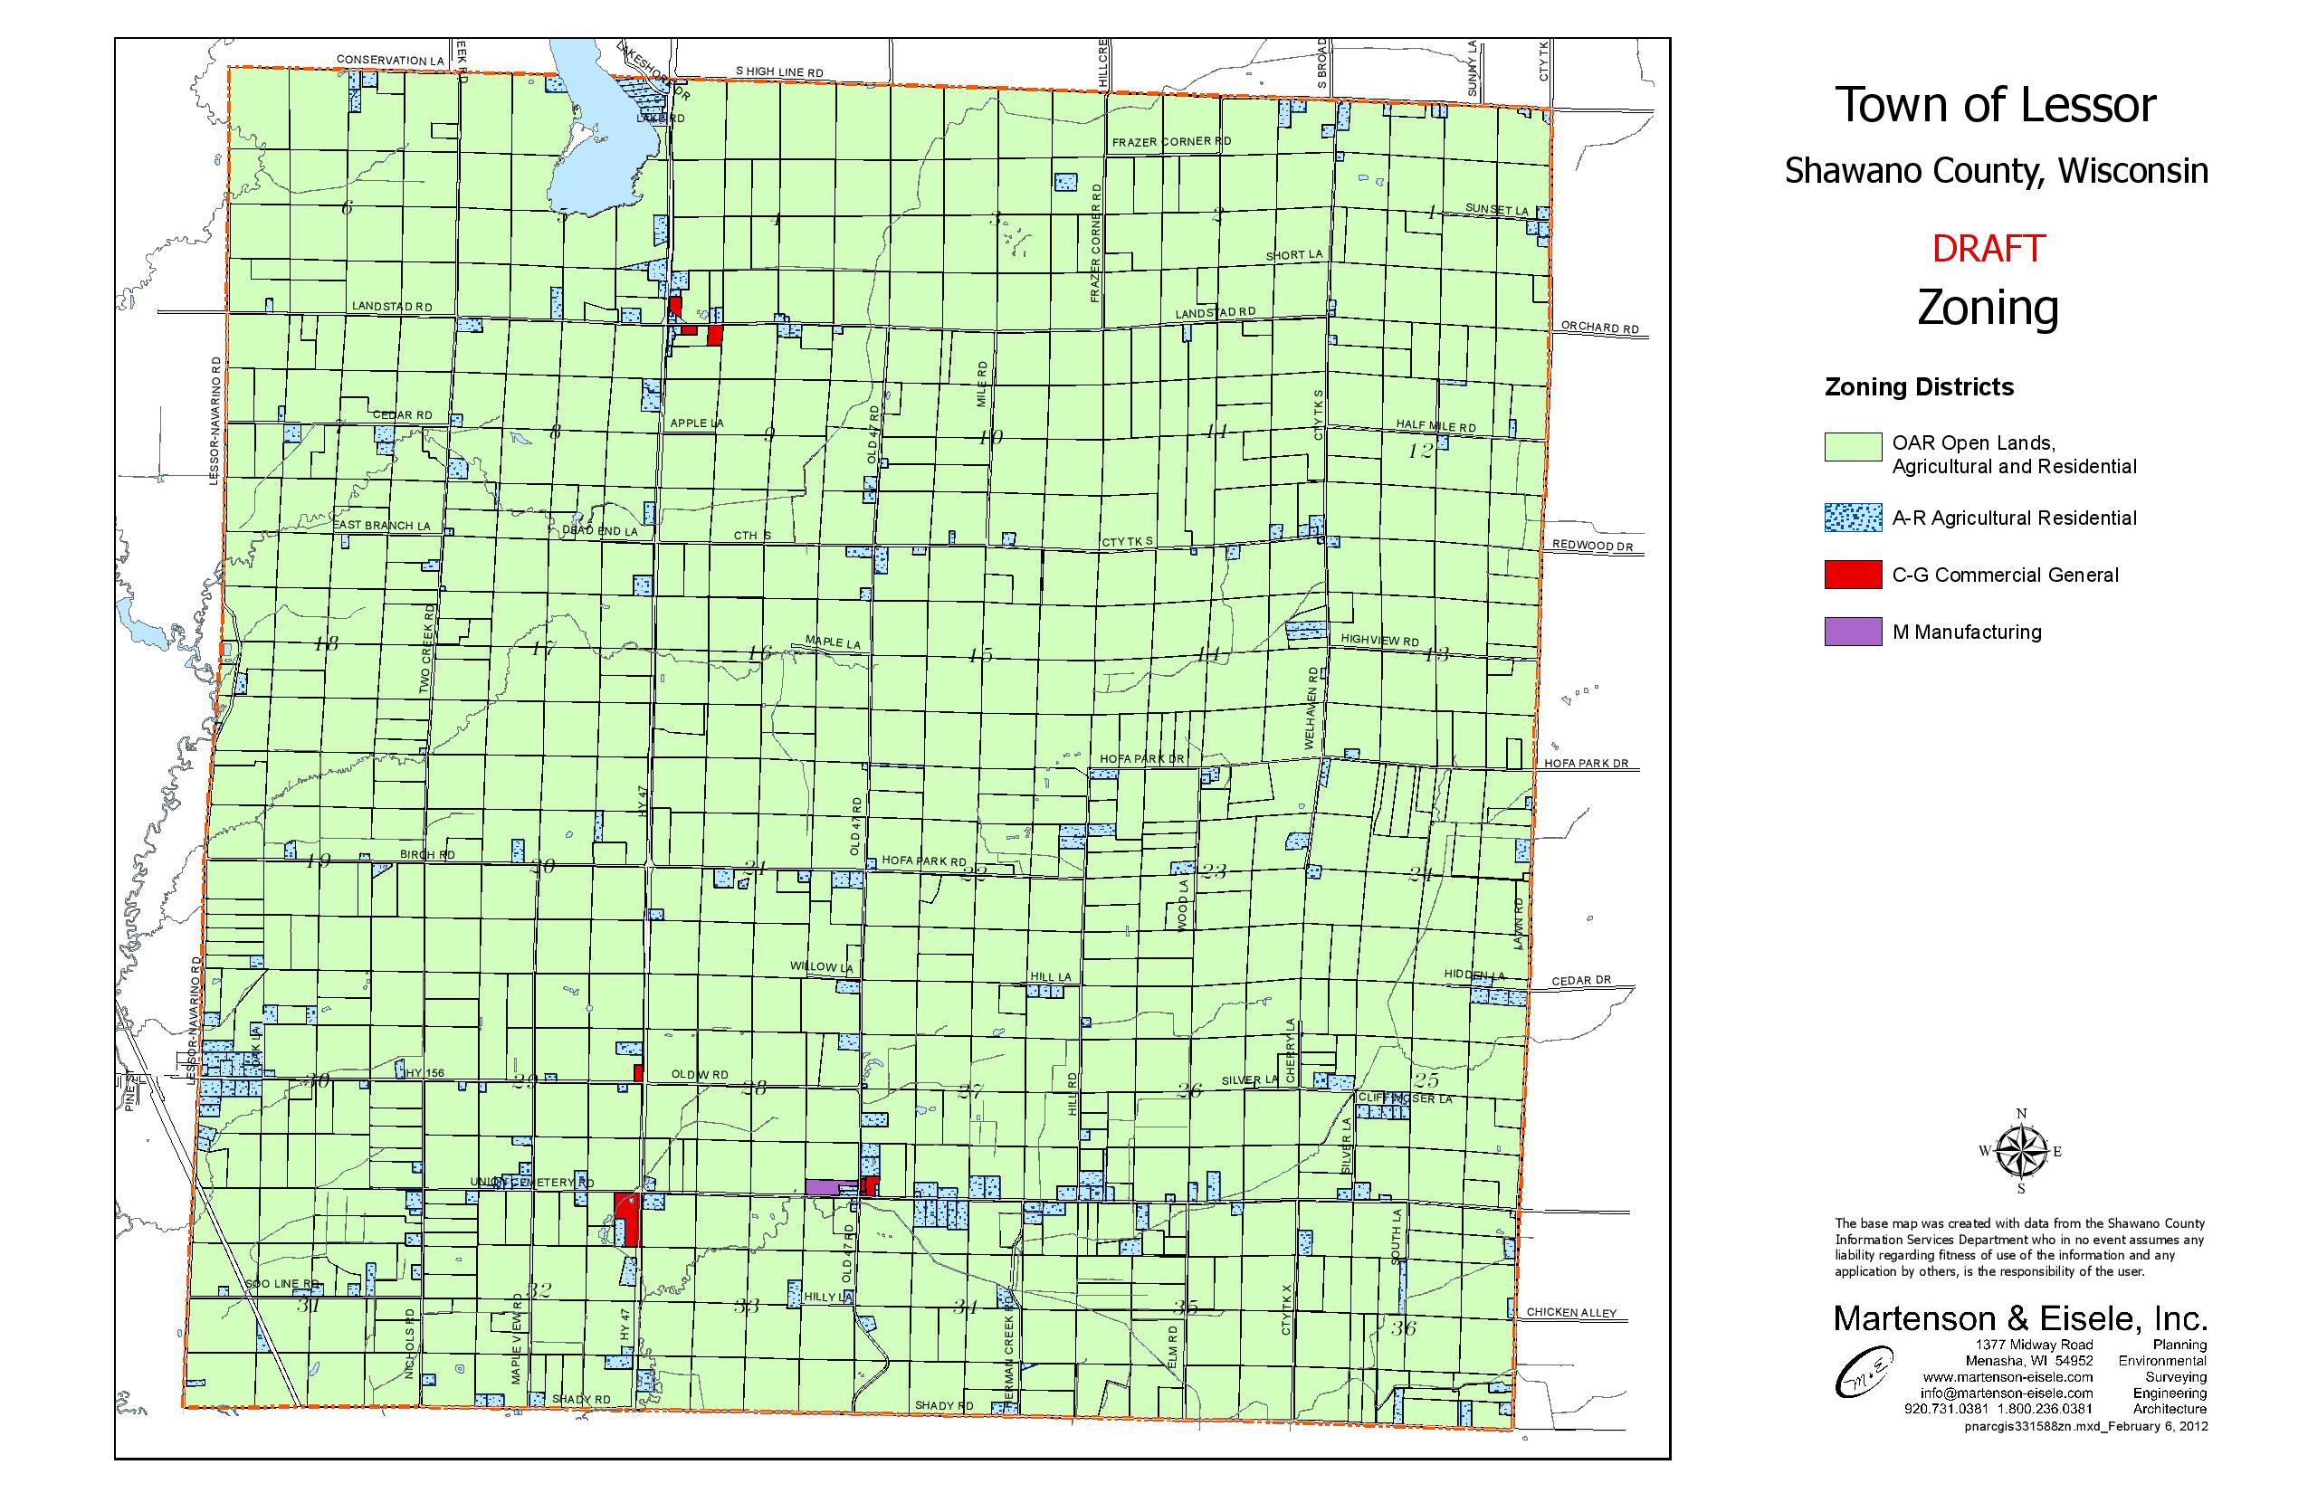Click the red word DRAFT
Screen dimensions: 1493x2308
point(1988,249)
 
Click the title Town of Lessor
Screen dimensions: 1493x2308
point(1995,105)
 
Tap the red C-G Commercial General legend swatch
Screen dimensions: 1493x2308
point(1852,575)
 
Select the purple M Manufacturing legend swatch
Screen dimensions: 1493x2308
point(1852,632)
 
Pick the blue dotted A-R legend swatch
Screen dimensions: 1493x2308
point(1852,518)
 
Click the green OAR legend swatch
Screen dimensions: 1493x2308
point(1852,447)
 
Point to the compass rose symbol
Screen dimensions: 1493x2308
point(2021,1152)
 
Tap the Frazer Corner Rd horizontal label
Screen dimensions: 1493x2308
point(1170,141)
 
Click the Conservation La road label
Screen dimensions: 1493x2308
point(390,60)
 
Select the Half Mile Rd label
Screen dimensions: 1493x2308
point(1435,425)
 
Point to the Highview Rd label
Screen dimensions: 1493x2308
point(1379,641)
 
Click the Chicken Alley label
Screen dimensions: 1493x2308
point(1571,1313)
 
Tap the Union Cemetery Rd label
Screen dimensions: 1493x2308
point(531,1183)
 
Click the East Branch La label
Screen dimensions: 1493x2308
point(382,526)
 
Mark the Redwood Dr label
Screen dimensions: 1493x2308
point(1592,546)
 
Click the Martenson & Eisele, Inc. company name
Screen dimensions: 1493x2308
point(2020,1318)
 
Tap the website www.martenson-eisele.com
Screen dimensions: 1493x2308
point(2008,1376)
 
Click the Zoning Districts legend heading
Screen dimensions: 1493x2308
point(1918,387)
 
